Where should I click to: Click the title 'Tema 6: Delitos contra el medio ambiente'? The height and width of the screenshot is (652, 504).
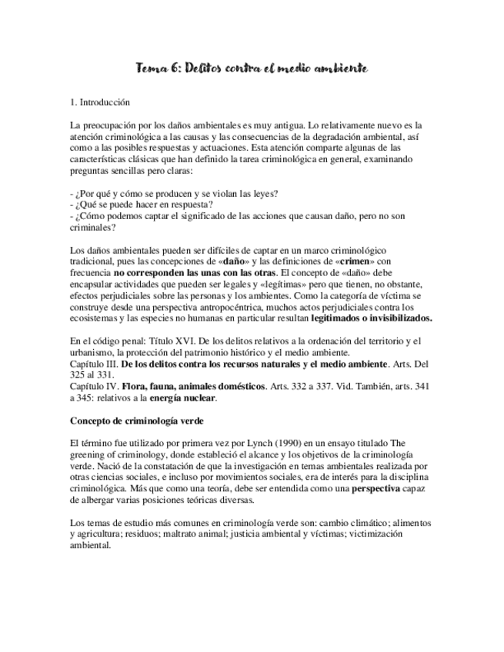[x=252, y=69]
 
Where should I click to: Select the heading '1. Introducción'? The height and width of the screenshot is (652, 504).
[x=99, y=102]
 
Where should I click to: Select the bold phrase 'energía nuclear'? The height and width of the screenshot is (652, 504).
[x=183, y=398]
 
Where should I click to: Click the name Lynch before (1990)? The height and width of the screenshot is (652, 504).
[x=275, y=443]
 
